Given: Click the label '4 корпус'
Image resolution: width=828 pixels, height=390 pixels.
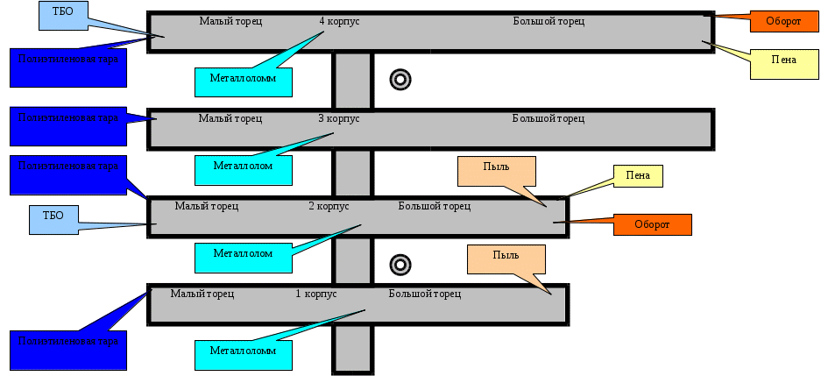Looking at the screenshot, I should coord(339,20).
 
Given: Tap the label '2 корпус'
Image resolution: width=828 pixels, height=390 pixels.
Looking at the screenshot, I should coord(329,206).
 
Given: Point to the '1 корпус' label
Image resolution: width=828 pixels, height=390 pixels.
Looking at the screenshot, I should coord(316,294).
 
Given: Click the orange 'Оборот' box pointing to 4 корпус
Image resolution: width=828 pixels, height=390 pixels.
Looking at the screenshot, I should coord(782,21).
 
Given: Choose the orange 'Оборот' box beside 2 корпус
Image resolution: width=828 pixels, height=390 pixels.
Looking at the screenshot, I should coord(652,224).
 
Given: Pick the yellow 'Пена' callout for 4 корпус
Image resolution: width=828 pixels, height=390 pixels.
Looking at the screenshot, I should coord(783,60).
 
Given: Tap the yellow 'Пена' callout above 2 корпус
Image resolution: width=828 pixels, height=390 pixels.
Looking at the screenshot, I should coord(637,175).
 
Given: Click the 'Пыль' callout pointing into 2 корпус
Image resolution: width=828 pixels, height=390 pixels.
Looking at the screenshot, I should coord(496,171).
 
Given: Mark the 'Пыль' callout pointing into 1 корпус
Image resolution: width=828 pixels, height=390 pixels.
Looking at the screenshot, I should coord(506,259).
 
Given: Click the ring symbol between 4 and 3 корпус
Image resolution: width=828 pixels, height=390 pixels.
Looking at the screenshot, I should coord(400,80).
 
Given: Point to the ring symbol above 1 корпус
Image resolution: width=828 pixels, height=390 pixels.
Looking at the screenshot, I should coord(400,264).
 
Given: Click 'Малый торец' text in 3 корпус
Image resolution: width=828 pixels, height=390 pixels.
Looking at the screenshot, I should coord(230,117).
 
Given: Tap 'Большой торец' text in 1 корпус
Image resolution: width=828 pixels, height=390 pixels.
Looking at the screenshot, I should coord(425,294).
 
